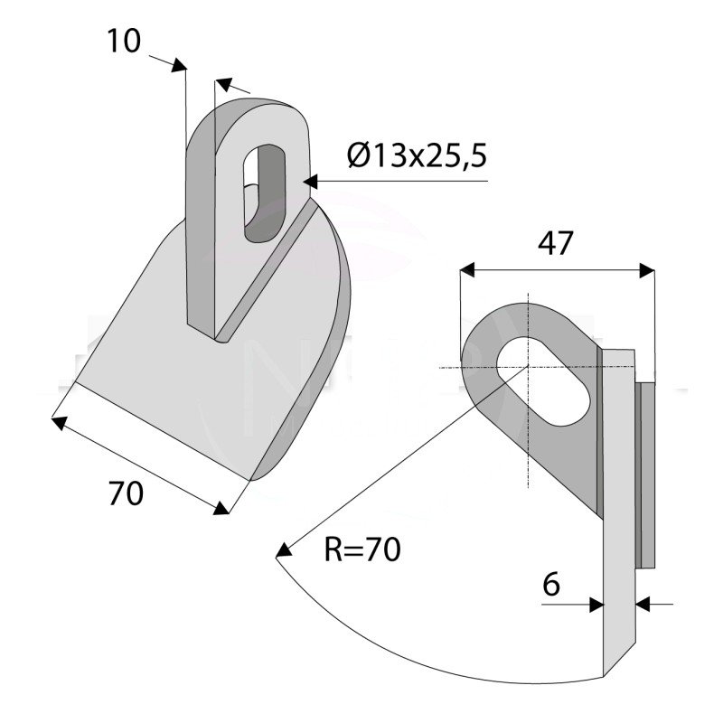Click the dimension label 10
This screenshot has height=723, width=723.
coord(123,41)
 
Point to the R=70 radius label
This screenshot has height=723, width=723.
coord(361,549)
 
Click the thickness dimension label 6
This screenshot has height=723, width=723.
coord(551,585)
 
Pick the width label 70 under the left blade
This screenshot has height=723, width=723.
coord(126,494)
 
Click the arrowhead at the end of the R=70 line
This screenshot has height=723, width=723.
coord(283,549)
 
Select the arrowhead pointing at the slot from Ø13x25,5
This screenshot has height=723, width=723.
coord(311,182)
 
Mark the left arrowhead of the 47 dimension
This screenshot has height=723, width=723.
coord(467,269)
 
